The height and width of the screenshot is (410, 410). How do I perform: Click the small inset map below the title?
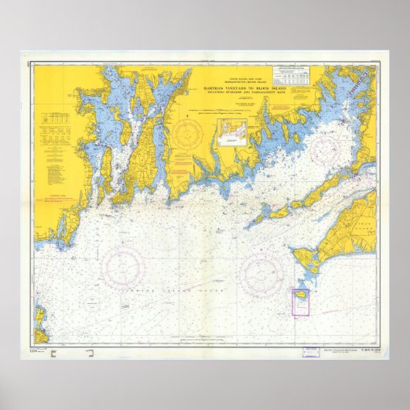(236, 132)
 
